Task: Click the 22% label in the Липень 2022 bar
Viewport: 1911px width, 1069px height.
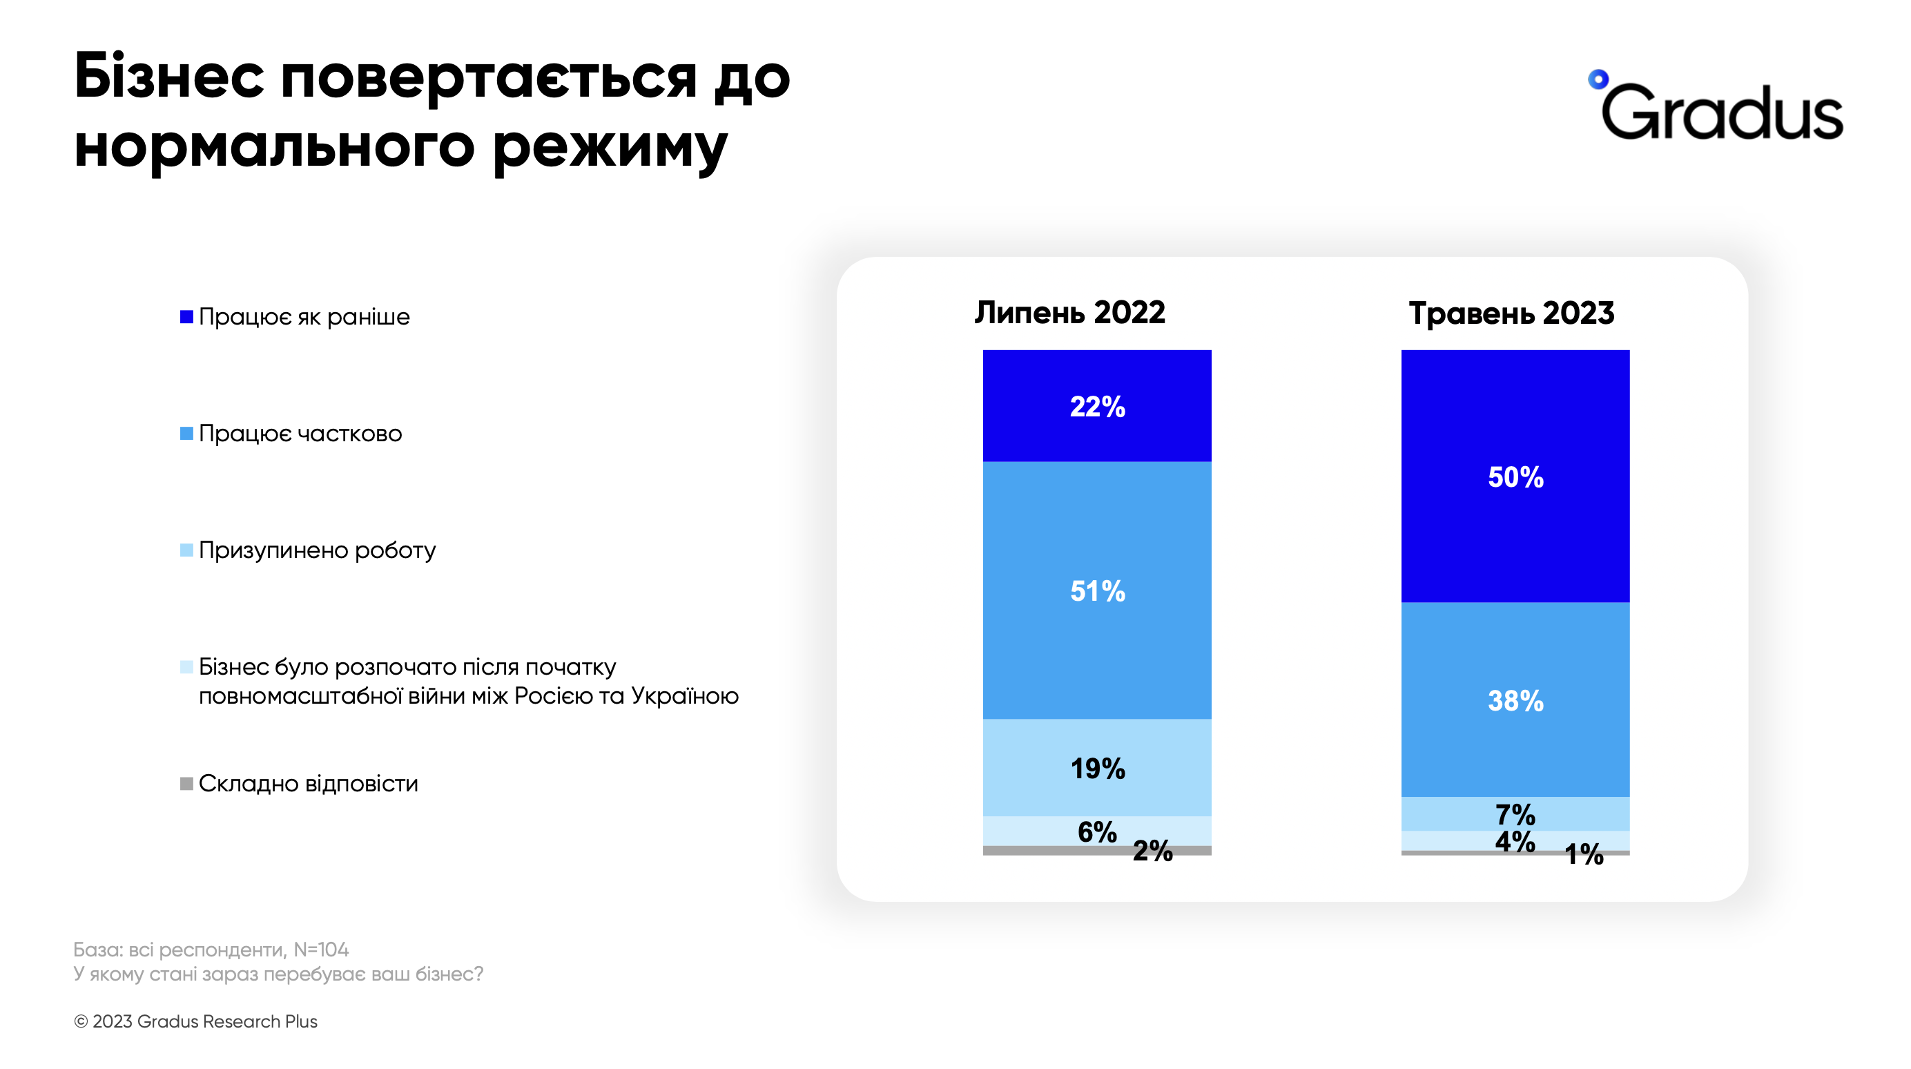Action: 1097,407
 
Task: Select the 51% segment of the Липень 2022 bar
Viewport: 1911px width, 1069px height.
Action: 1097,591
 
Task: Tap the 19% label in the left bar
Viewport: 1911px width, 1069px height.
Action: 1097,769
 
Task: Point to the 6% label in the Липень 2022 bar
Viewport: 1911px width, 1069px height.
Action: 1097,832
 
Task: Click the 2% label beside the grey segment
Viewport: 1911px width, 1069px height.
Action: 1152,851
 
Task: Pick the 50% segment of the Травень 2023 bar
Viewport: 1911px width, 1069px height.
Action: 1515,477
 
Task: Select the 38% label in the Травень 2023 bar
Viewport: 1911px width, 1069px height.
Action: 1515,701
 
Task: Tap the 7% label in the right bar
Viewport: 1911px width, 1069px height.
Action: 1515,815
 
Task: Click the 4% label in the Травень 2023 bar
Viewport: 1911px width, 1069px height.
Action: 1515,841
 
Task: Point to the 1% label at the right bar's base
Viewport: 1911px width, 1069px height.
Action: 1584,855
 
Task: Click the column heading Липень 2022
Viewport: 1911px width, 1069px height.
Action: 1069,312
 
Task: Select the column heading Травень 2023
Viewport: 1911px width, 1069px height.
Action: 1511,313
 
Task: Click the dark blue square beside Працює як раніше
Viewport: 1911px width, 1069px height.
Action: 187,317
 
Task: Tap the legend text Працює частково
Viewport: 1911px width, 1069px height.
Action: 300,433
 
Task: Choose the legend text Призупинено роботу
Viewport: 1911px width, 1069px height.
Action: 317,550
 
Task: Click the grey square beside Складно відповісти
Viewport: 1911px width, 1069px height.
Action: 187,783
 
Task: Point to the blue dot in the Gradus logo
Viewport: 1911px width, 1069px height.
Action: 1598,79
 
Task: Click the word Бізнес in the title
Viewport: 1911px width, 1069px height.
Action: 169,77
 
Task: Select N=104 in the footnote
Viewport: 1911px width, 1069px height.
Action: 320,950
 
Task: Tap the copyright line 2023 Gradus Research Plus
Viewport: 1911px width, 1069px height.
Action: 196,1021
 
